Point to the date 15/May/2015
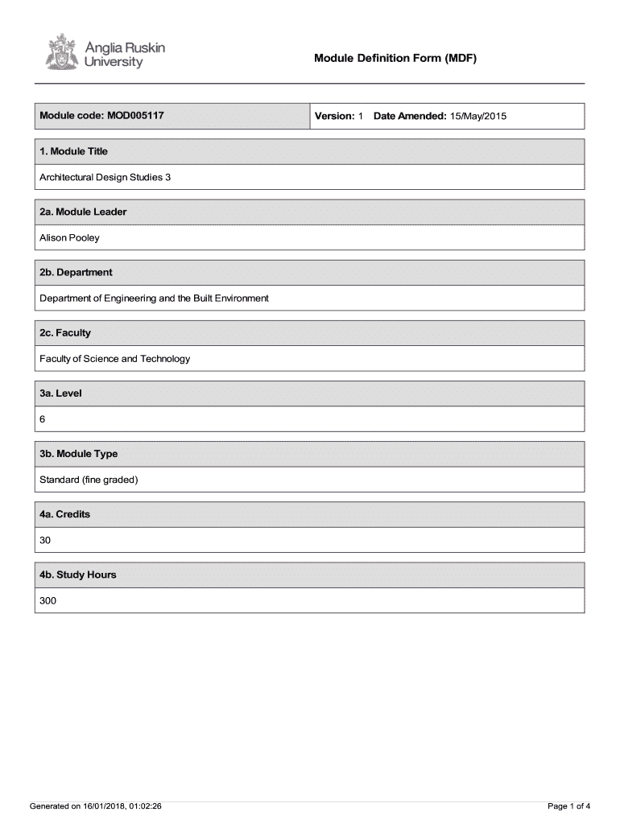pyautogui.click(x=478, y=117)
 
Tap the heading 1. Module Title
pyautogui.click(x=73, y=151)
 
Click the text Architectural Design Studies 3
pyautogui.click(x=105, y=177)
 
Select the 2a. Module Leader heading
pyautogui.click(x=83, y=212)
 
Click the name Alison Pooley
pyautogui.click(x=70, y=237)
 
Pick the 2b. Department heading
pyautogui.click(x=76, y=272)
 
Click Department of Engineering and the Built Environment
pyautogui.click(x=154, y=298)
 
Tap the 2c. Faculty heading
pyautogui.click(x=65, y=332)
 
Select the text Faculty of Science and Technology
pyautogui.click(x=115, y=359)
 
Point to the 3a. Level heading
pyautogui.click(x=60, y=393)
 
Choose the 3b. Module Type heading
pyautogui.click(x=78, y=454)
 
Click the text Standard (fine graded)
pyautogui.click(x=89, y=480)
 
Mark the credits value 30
pyautogui.click(x=45, y=541)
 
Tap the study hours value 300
pyautogui.click(x=48, y=601)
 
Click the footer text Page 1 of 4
pyautogui.click(x=568, y=805)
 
